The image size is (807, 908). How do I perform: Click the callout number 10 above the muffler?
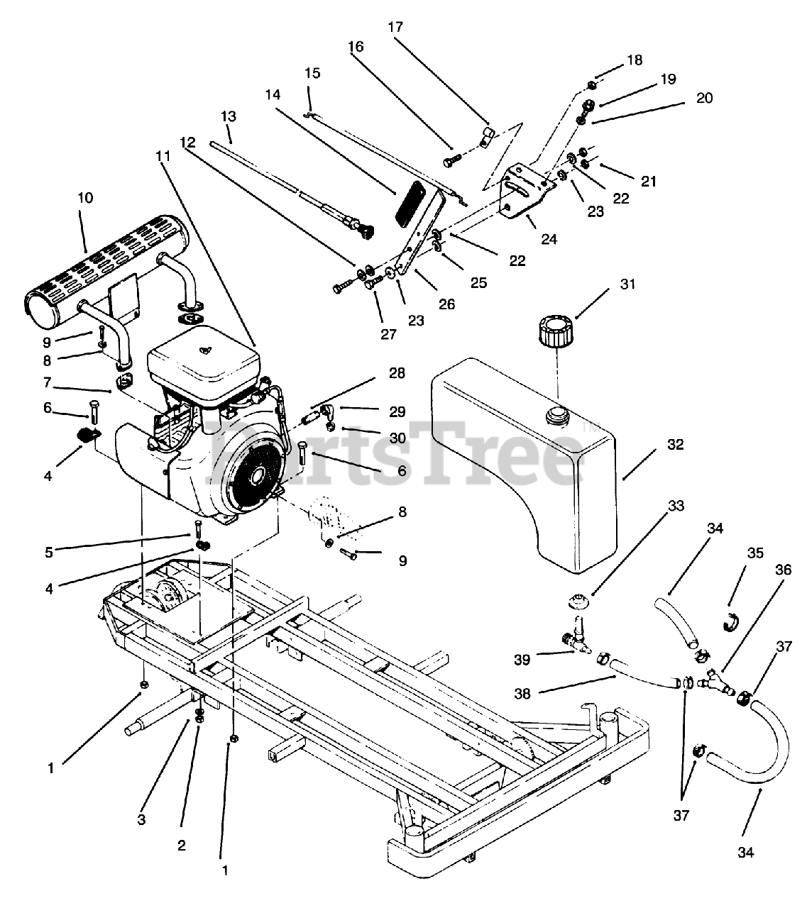(x=84, y=198)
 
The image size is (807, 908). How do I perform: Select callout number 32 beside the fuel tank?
(x=675, y=445)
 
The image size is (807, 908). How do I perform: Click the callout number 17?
(x=395, y=27)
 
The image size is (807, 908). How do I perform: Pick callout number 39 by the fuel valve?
(x=522, y=660)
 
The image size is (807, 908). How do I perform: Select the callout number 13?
(x=228, y=116)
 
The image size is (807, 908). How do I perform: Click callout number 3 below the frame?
(x=142, y=820)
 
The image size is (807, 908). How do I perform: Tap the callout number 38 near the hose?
(x=522, y=694)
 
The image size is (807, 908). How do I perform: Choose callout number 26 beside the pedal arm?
(x=446, y=304)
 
